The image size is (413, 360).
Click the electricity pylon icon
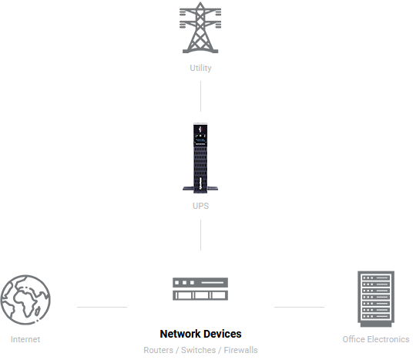200,28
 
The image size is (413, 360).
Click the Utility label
200,68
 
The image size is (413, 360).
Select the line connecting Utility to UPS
200,96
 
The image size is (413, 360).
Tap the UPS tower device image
200,158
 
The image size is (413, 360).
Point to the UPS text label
200,206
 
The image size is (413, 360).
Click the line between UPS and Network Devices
200,235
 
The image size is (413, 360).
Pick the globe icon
25,300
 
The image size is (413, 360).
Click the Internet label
25,339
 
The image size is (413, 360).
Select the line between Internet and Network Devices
102,307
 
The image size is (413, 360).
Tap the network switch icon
200,289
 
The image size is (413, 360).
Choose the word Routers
158,350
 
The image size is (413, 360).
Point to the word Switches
198,350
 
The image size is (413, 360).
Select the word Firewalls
240,350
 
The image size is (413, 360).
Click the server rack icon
376,299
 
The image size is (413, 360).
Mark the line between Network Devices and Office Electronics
299,307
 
